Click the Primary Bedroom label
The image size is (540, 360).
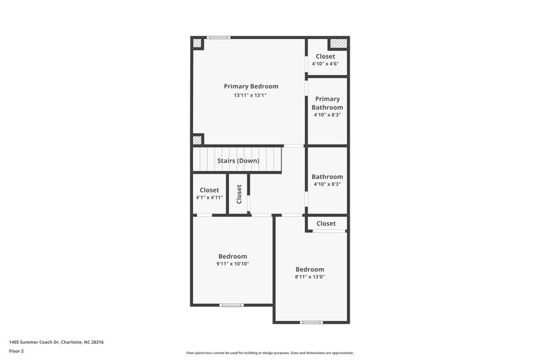(250, 86)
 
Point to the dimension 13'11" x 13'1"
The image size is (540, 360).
(250, 95)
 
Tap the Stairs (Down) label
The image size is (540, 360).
(238, 161)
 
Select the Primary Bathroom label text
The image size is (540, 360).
(327, 103)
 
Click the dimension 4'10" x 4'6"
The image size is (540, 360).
(325, 63)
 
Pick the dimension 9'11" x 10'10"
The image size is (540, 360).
(232, 263)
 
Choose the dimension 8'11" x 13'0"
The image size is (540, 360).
(310, 276)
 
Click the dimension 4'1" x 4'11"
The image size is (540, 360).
(209, 198)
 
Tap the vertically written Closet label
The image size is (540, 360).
(239, 195)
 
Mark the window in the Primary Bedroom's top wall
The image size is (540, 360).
(218, 37)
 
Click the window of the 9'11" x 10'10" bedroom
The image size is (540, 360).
(231, 305)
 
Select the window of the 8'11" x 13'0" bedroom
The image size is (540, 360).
(311, 322)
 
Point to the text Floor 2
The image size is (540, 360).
(16, 351)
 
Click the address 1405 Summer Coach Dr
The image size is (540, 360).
(34, 342)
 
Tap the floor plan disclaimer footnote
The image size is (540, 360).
(269, 353)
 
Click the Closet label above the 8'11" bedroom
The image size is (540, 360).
(326, 224)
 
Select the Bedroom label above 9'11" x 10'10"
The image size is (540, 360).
(232, 256)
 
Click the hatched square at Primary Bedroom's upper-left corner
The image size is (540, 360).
(198, 43)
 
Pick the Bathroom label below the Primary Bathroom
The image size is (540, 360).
(327, 177)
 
